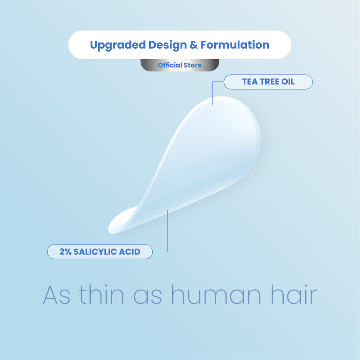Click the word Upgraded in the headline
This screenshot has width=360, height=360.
(x=118, y=45)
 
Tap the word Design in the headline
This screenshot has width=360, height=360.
(x=167, y=45)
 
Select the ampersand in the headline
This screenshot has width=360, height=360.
(x=194, y=45)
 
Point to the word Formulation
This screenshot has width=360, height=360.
(x=235, y=45)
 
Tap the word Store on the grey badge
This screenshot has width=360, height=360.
(x=193, y=65)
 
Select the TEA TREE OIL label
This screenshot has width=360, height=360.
(x=268, y=82)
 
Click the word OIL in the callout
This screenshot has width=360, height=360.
(x=288, y=82)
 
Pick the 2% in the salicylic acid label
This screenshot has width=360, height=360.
(x=66, y=252)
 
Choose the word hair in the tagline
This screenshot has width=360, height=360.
(x=294, y=294)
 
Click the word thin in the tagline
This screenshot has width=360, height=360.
(x=101, y=294)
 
